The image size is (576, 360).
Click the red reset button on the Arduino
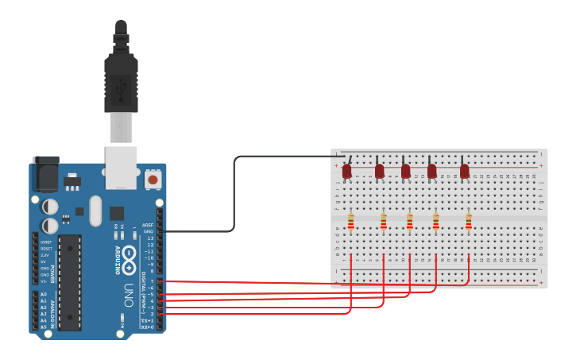pos(153,179)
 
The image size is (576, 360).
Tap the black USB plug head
pos(121,83)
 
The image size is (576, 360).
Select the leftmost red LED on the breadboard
pos(346,171)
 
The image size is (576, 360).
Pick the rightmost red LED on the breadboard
pos(464,171)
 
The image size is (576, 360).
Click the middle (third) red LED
pos(405,171)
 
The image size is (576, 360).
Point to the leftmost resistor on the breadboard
pos(350,221)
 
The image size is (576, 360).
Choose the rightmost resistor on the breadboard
pos(468,221)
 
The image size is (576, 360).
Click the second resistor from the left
pos(383,221)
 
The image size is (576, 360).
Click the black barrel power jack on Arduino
pos(46,173)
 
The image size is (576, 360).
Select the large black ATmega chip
pos(70,282)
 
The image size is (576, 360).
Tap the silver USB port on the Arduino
pos(121,167)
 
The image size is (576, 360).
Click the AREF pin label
pos(148,225)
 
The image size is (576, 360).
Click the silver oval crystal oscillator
pos(96,211)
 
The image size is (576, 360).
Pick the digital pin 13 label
pos(150,238)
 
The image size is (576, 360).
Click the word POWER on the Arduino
pos(53,274)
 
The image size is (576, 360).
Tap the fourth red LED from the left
pos(431,171)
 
